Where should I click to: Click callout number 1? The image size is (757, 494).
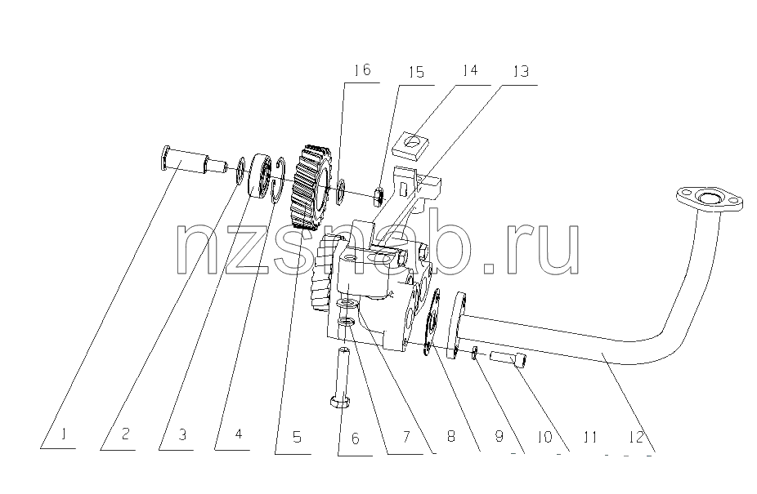point(63,434)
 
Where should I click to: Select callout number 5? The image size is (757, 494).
point(297,437)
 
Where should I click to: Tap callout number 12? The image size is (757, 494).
point(637,437)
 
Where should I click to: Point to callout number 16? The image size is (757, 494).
point(361,70)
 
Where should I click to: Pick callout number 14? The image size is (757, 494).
point(469,70)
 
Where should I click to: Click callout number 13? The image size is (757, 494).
point(522,71)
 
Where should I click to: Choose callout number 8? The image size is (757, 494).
point(450,436)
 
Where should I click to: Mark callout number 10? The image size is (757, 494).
point(544,437)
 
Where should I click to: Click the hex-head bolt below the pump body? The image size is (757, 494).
point(341,378)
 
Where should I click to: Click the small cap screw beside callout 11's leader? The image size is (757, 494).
point(508,359)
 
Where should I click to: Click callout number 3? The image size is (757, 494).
point(182,434)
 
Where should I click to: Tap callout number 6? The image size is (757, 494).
point(356,438)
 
